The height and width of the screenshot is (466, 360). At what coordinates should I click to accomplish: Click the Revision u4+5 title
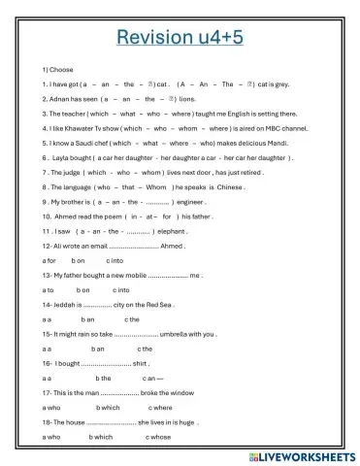click(x=180, y=39)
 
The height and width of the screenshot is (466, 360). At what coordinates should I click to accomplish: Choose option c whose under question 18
click(x=156, y=437)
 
